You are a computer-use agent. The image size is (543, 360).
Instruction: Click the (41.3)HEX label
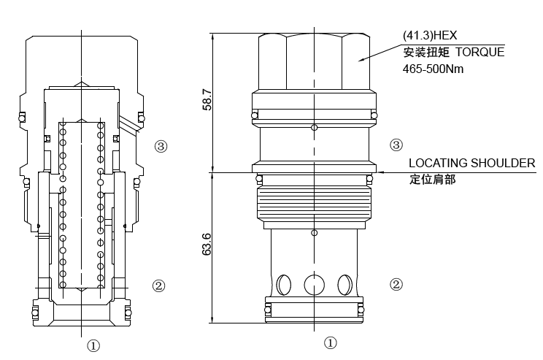click(429, 35)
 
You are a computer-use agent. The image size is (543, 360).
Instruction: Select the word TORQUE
click(480, 52)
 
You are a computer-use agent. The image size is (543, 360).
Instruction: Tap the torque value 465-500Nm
click(433, 69)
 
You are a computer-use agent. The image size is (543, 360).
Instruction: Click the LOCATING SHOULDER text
click(471, 163)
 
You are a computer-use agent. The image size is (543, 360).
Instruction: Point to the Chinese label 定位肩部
click(432, 179)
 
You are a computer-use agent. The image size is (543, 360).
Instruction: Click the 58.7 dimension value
click(207, 100)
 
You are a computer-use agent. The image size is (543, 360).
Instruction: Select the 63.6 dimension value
click(207, 245)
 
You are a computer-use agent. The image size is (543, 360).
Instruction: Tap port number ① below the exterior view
click(330, 342)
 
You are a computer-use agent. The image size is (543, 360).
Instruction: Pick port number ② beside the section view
click(158, 286)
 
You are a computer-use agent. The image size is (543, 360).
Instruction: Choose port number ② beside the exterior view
click(396, 284)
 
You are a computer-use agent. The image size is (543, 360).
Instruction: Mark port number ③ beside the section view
click(161, 146)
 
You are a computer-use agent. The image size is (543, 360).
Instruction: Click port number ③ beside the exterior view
click(396, 145)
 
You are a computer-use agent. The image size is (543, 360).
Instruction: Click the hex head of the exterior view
click(314, 62)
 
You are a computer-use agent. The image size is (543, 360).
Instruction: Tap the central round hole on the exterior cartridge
click(314, 284)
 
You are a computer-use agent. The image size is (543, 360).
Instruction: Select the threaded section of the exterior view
click(314, 204)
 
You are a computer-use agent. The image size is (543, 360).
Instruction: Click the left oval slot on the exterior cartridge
click(284, 284)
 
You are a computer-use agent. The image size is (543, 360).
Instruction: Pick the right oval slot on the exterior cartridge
click(344, 284)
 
